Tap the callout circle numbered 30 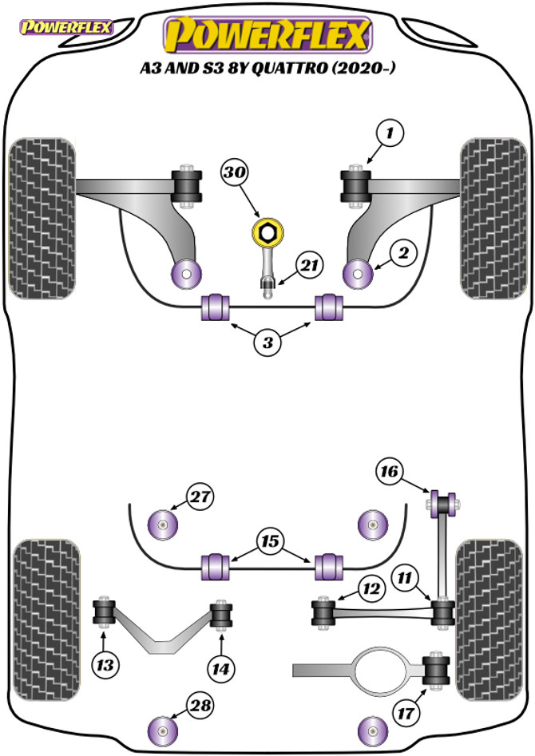click(x=235, y=172)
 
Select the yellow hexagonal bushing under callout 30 click(x=267, y=232)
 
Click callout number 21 click(x=310, y=265)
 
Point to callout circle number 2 click(x=404, y=252)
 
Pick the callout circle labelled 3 click(x=267, y=342)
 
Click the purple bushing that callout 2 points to click(x=359, y=274)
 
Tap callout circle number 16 click(x=389, y=470)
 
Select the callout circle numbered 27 click(x=200, y=497)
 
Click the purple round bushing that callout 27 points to click(x=163, y=524)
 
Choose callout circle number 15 click(x=270, y=541)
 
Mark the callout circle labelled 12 click(x=372, y=588)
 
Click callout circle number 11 click(x=404, y=577)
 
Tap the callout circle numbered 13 click(x=105, y=665)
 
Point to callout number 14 click(x=221, y=669)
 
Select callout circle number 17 click(x=406, y=711)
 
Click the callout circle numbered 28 click(x=200, y=706)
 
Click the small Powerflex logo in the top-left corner click(x=65, y=27)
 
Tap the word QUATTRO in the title click(x=289, y=68)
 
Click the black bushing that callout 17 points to click(x=436, y=670)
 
